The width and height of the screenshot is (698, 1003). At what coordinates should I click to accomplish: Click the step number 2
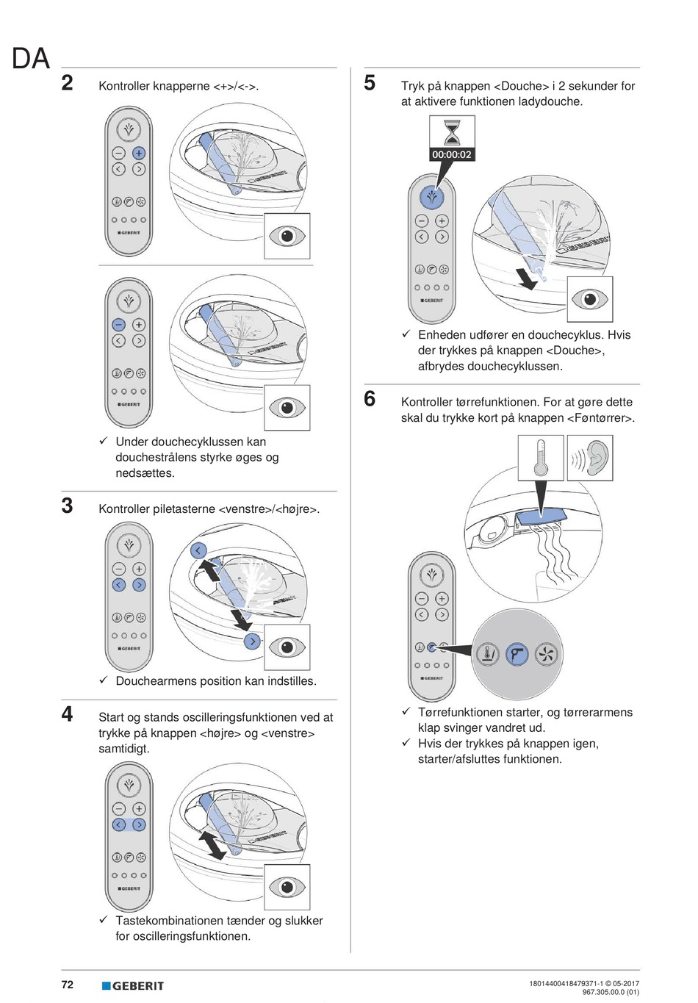click(x=67, y=82)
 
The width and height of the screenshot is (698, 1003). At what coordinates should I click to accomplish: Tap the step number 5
click(x=370, y=82)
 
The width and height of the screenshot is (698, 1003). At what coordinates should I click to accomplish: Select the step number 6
click(x=370, y=399)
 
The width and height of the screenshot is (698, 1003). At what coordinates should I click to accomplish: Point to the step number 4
click(x=67, y=713)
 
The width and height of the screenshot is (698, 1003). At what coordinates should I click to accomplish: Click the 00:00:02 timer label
click(x=452, y=154)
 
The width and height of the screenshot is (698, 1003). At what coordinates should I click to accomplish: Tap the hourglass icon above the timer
click(x=452, y=132)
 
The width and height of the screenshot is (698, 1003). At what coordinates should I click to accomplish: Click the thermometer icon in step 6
click(x=541, y=459)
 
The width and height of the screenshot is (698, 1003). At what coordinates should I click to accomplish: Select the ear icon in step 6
click(x=591, y=459)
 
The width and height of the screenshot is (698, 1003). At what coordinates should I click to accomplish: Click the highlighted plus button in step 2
click(x=139, y=153)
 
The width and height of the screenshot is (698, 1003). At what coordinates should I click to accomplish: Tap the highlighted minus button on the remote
click(x=118, y=325)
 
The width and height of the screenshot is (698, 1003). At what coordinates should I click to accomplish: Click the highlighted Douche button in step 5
click(x=432, y=197)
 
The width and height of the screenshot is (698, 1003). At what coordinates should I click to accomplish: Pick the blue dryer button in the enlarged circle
click(x=518, y=653)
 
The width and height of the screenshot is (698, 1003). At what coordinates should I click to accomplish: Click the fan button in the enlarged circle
click(x=547, y=653)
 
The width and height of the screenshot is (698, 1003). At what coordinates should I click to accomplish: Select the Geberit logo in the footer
click(x=133, y=985)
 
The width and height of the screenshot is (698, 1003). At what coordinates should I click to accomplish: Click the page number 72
click(x=67, y=985)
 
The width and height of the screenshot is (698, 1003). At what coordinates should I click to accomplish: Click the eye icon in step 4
click(x=287, y=887)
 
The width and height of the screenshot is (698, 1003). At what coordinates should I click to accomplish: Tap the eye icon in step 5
click(x=590, y=299)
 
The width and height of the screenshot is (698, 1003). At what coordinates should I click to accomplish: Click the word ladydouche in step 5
click(x=550, y=101)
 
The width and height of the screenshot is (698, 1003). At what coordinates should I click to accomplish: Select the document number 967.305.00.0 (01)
click(x=611, y=992)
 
